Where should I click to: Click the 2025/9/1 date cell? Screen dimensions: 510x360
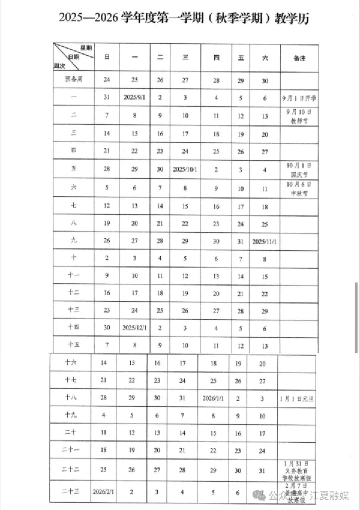pos(134,97)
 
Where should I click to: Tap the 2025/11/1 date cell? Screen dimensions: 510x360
pos(265,242)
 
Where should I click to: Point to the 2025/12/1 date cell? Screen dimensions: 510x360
pos(134,328)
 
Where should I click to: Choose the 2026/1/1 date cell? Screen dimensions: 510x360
pos(214,398)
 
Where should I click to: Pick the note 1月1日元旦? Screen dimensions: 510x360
pos(296,398)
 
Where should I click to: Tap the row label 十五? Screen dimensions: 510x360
pos(74,346)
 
